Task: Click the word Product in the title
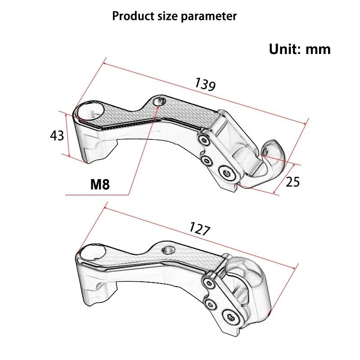tap(129, 17)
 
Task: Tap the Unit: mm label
tap(300, 49)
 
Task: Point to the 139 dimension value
tap(205, 84)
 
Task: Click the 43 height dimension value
tap(57, 135)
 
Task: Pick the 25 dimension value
tap(292, 182)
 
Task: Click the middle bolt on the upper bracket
tap(207, 160)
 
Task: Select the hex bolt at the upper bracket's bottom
tap(227, 173)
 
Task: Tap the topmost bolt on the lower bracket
tap(209, 283)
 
